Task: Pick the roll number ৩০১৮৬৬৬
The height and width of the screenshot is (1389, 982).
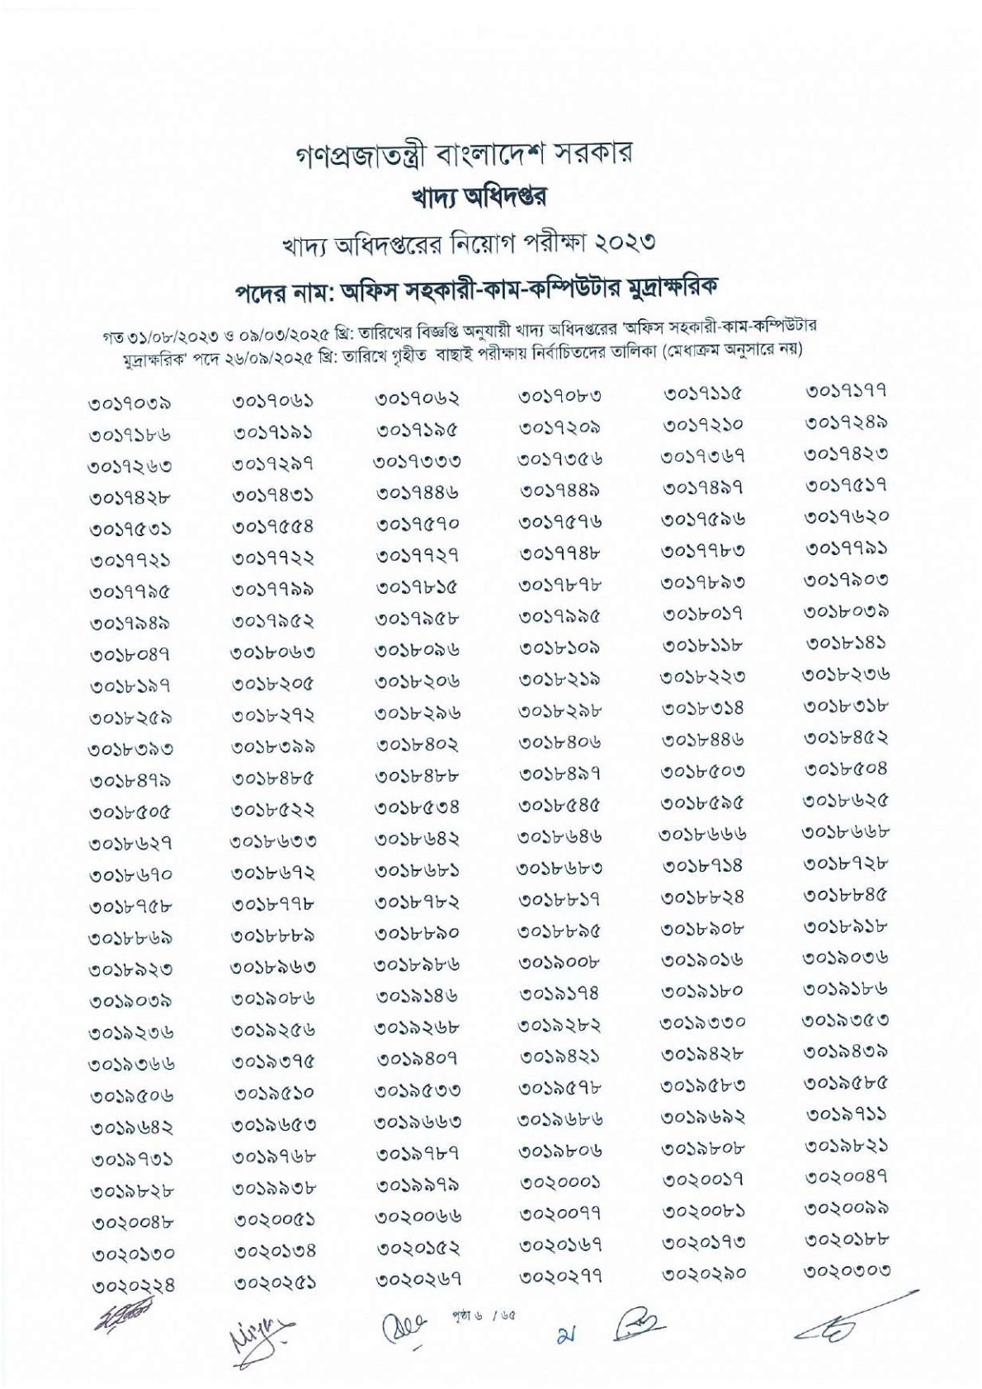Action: coord(702,834)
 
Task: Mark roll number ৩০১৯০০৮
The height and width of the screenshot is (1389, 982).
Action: coord(559,961)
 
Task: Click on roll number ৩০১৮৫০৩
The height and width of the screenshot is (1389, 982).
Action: coord(702,771)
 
